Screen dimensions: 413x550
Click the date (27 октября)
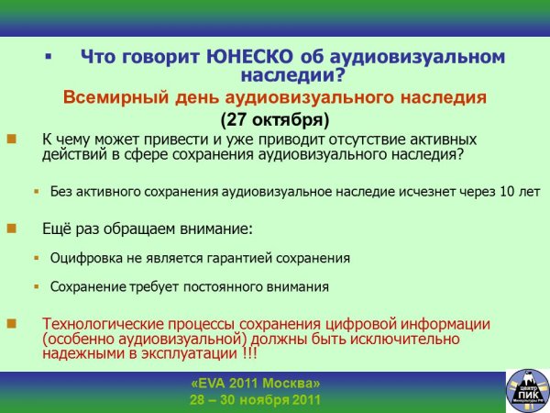[x=274, y=119]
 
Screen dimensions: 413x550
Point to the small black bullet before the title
[x=48, y=57]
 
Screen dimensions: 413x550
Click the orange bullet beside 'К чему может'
[x=12, y=140]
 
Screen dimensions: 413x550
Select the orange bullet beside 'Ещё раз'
[x=12, y=227]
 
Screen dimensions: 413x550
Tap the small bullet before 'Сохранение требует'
[x=37, y=286]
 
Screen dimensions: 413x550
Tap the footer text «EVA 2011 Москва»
[x=255, y=383]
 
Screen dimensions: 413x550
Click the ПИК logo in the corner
[x=525, y=390]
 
